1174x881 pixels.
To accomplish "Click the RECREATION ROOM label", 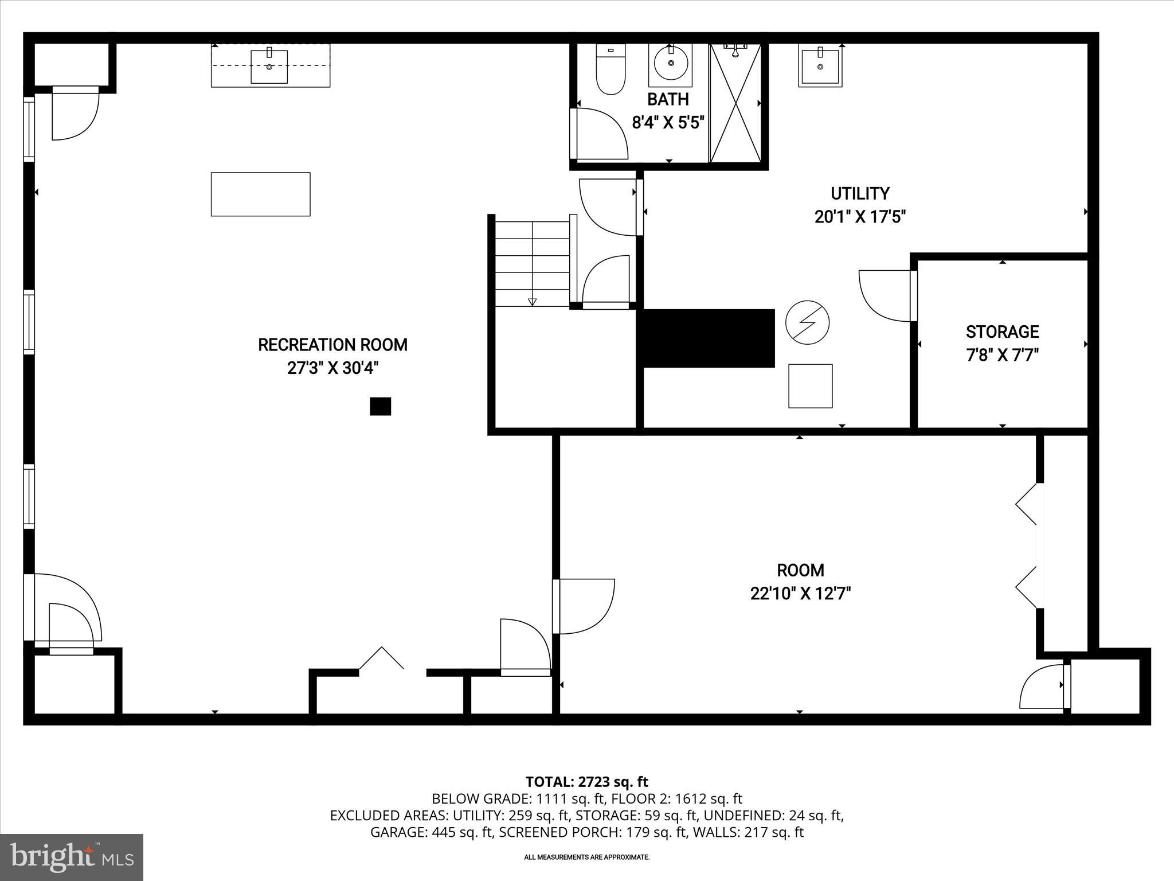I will tap(332, 345).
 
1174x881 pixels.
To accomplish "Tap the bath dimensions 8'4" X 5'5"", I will tap(668, 123).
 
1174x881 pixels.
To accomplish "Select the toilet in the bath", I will tap(611, 72).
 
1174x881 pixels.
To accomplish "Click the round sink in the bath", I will tap(670, 64).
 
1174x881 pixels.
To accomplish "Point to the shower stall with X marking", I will tap(735, 103).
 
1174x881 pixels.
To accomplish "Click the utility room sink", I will tap(820, 67).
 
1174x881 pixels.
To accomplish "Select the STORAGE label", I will tap(1002, 332).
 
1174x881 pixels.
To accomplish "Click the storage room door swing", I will tap(885, 296).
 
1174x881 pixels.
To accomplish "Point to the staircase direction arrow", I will tap(532, 301).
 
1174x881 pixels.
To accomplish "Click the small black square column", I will tap(380, 406).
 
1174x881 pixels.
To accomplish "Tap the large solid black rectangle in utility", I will tap(709, 338).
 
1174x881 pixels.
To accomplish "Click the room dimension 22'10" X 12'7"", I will tap(800, 593).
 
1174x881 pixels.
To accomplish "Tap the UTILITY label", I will tap(860, 193).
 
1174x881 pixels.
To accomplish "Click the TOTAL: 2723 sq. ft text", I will tap(586, 782).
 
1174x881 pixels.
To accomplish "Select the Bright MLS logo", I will tap(72, 857).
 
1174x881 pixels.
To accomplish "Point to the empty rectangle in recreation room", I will tap(260, 194).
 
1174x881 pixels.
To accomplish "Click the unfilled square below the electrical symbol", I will tap(810, 386).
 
